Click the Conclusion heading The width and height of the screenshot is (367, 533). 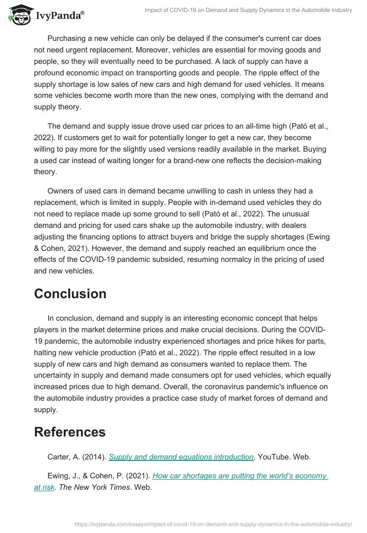tap(70, 294)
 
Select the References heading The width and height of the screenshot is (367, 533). tap(70, 432)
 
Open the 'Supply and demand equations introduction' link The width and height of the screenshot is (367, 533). tap(181, 457)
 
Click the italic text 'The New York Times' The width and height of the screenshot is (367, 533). tap(95, 487)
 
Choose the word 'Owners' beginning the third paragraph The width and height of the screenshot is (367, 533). tap(61, 191)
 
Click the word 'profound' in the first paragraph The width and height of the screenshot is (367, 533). tap(50, 73)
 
